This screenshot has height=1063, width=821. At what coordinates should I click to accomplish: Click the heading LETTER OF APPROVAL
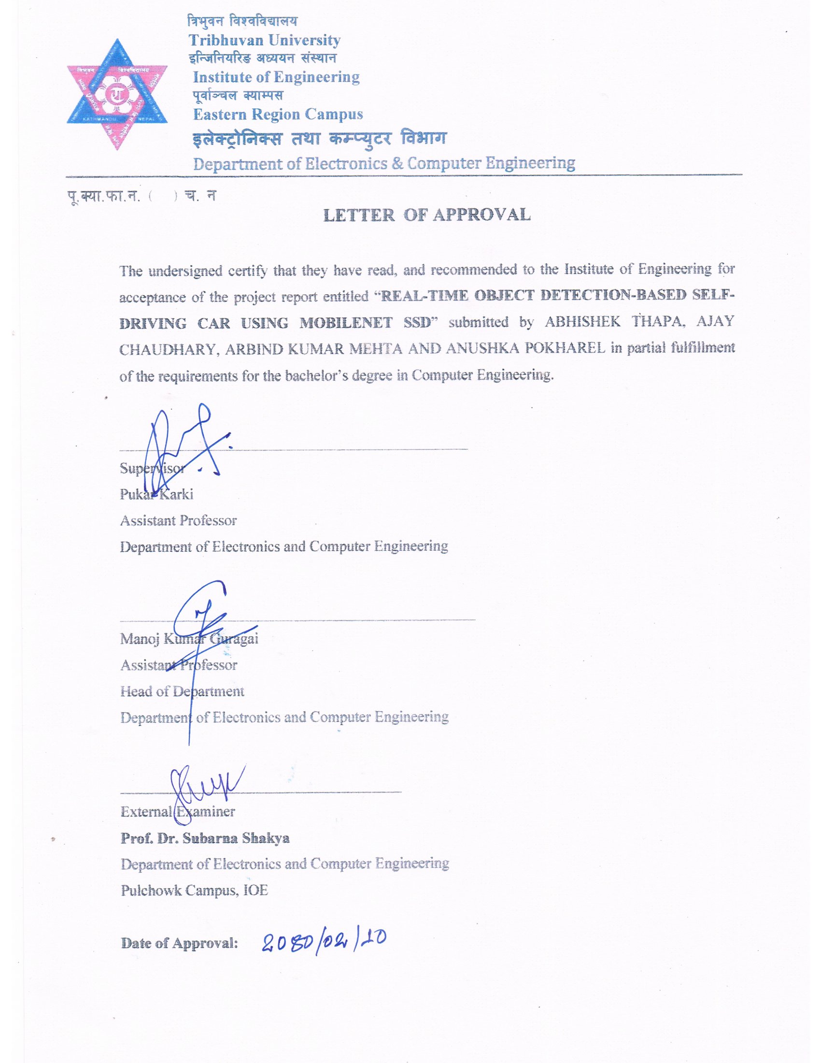click(426, 215)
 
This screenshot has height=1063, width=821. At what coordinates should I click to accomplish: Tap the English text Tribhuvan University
click(264, 40)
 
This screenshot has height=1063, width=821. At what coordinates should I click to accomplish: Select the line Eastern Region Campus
click(278, 115)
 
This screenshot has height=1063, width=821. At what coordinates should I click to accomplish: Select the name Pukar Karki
click(156, 494)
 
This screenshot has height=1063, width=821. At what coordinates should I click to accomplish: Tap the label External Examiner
click(178, 811)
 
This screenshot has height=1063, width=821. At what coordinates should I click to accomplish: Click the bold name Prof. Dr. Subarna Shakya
click(205, 838)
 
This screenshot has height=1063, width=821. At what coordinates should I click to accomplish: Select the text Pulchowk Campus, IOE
click(194, 890)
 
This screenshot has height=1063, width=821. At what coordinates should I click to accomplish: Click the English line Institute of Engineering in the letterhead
click(276, 77)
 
